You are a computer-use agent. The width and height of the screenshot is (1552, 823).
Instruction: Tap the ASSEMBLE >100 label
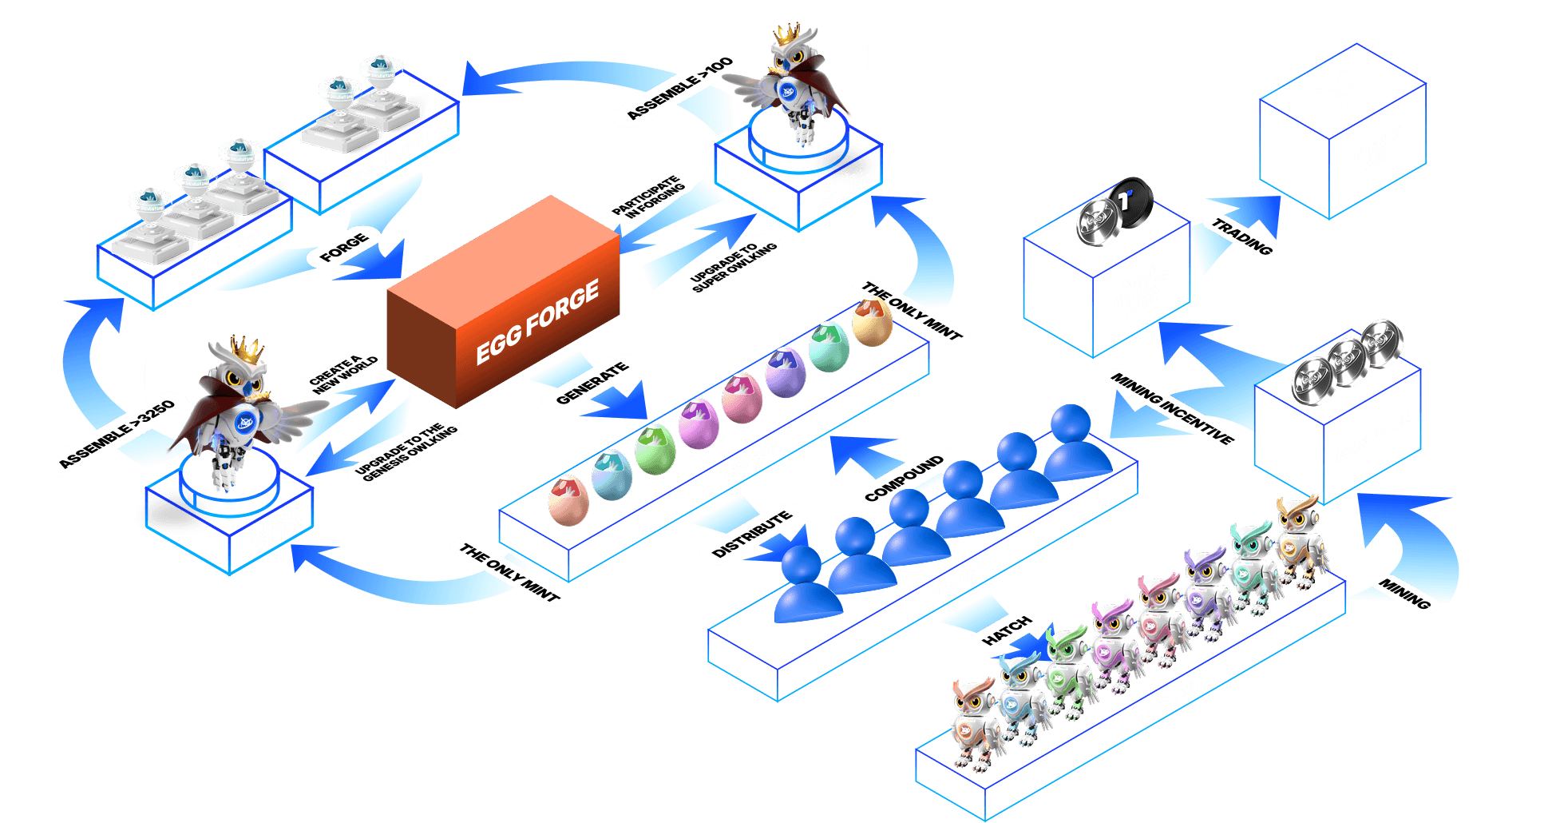679,88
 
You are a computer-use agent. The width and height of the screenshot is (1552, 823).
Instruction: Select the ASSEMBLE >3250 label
117,433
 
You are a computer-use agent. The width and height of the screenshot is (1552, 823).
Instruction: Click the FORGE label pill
344,248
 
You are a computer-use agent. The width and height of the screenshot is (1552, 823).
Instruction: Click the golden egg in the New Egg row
872,321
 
